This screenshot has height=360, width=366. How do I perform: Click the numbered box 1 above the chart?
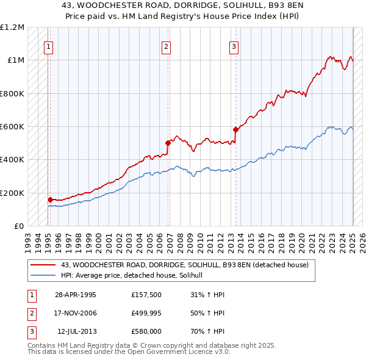48,46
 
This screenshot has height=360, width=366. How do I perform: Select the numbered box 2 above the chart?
166,46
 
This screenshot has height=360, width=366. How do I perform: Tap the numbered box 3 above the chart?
234,46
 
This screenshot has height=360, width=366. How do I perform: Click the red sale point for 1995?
50,200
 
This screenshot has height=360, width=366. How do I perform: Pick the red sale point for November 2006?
168,143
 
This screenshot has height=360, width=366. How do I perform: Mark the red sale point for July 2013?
235,129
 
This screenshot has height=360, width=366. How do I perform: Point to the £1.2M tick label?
12,27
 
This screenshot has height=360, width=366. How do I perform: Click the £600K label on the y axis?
12,126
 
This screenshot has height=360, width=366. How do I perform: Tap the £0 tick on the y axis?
19,226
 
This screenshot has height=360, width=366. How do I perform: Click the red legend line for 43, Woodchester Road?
43,265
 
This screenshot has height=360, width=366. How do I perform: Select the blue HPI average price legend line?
43,276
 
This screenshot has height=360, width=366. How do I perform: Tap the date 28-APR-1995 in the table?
75,295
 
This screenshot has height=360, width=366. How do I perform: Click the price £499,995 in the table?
146,313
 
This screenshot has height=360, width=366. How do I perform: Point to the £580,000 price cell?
146,331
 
